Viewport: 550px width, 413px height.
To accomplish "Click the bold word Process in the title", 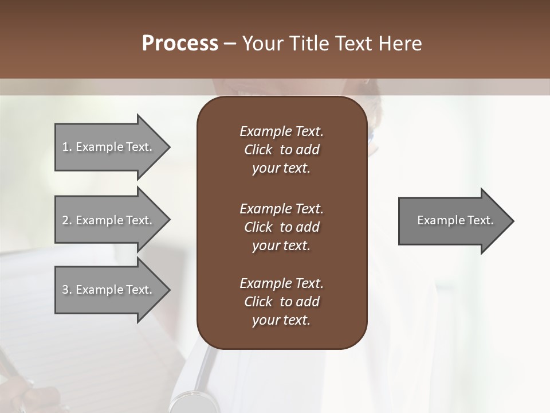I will [x=180, y=44].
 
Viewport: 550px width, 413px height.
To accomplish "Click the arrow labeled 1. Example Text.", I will [x=109, y=147].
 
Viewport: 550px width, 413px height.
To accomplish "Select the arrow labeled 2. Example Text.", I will [x=109, y=220].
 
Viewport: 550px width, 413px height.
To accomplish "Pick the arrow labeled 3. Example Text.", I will [x=109, y=290].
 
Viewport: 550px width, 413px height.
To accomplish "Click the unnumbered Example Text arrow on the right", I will [x=453, y=221].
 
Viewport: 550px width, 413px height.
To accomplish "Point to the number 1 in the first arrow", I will [x=65, y=147].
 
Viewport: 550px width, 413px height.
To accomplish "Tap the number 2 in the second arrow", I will [x=65, y=220].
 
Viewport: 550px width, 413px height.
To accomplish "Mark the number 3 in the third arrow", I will [x=65, y=290].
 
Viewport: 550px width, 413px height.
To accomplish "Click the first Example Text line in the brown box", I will [x=281, y=131].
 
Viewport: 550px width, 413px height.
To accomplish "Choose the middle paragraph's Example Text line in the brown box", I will [x=281, y=209].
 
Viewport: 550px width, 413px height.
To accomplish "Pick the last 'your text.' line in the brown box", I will [x=281, y=321].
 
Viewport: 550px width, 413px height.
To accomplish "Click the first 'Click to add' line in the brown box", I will [x=281, y=150].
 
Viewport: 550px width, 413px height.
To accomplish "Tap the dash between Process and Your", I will [x=230, y=44].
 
